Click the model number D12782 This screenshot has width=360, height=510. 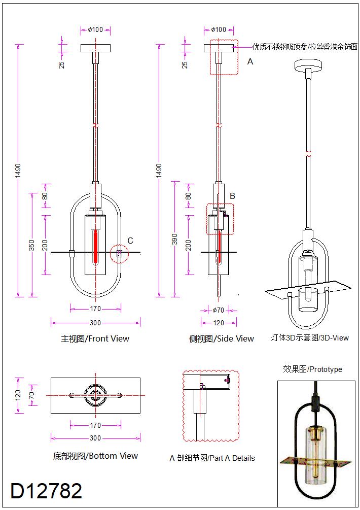pyautogui.click(x=46, y=491)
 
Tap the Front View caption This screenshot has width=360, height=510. pyautogui.click(x=95, y=338)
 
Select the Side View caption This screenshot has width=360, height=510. pyautogui.click(x=221, y=338)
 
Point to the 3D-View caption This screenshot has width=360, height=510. pyautogui.click(x=310, y=337)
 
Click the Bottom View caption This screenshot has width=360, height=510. pyautogui.click(x=95, y=456)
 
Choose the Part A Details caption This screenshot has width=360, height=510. pyautogui.click(x=212, y=458)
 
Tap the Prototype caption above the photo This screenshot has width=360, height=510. pyautogui.click(x=312, y=369)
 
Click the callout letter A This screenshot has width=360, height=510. pyautogui.click(x=250, y=62)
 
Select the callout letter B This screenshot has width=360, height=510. pyautogui.click(x=232, y=195)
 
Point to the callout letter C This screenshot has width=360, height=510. pyautogui.click(x=130, y=241)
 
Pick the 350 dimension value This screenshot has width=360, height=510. pyautogui.click(x=32, y=245)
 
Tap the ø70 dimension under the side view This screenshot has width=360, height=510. pyautogui.click(x=218, y=310)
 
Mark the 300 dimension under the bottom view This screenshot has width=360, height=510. pyautogui.click(x=95, y=438)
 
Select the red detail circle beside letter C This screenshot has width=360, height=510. pyautogui.click(x=119, y=253)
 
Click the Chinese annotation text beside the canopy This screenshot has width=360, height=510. pyautogui.click(x=305, y=47)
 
